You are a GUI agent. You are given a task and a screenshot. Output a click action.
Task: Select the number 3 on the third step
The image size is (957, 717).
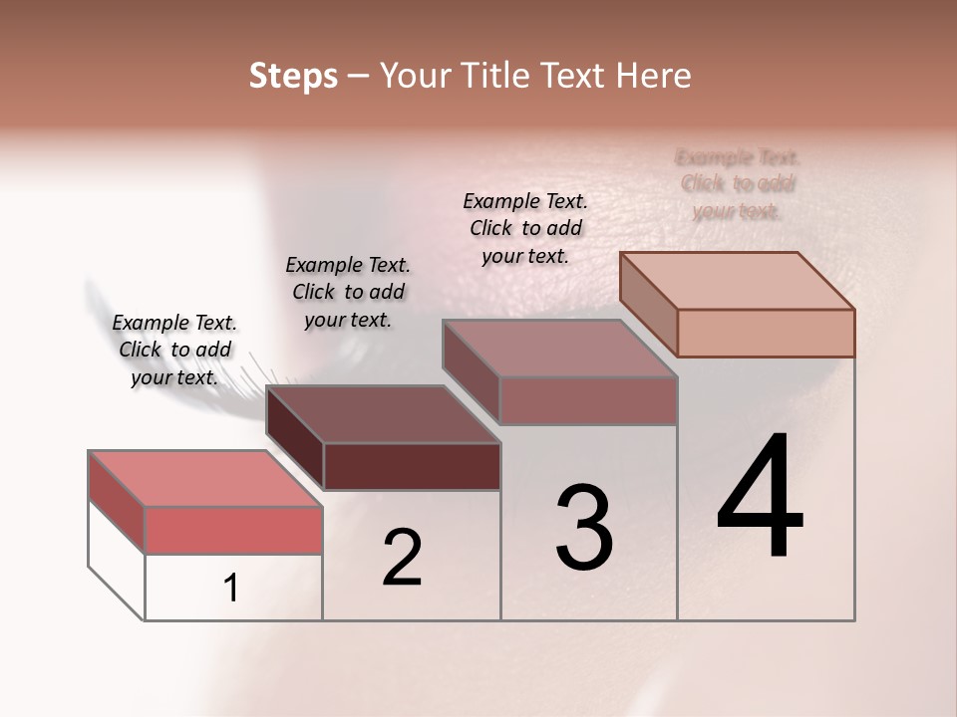point(583,527)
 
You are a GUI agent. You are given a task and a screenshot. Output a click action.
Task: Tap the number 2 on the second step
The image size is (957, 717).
point(402,558)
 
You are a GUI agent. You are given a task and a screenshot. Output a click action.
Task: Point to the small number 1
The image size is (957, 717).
point(230,589)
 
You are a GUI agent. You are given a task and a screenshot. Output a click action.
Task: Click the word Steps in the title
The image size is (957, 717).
point(293,76)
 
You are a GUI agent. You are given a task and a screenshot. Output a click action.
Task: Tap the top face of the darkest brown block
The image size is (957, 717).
point(384,414)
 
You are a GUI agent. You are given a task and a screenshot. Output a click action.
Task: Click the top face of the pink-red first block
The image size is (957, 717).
point(205,479)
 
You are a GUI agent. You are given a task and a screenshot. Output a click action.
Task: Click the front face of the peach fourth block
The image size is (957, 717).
point(766,333)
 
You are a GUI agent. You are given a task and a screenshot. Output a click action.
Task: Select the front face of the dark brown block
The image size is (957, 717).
point(412,466)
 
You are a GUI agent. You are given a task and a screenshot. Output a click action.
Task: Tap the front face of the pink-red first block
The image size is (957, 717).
point(233,530)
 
